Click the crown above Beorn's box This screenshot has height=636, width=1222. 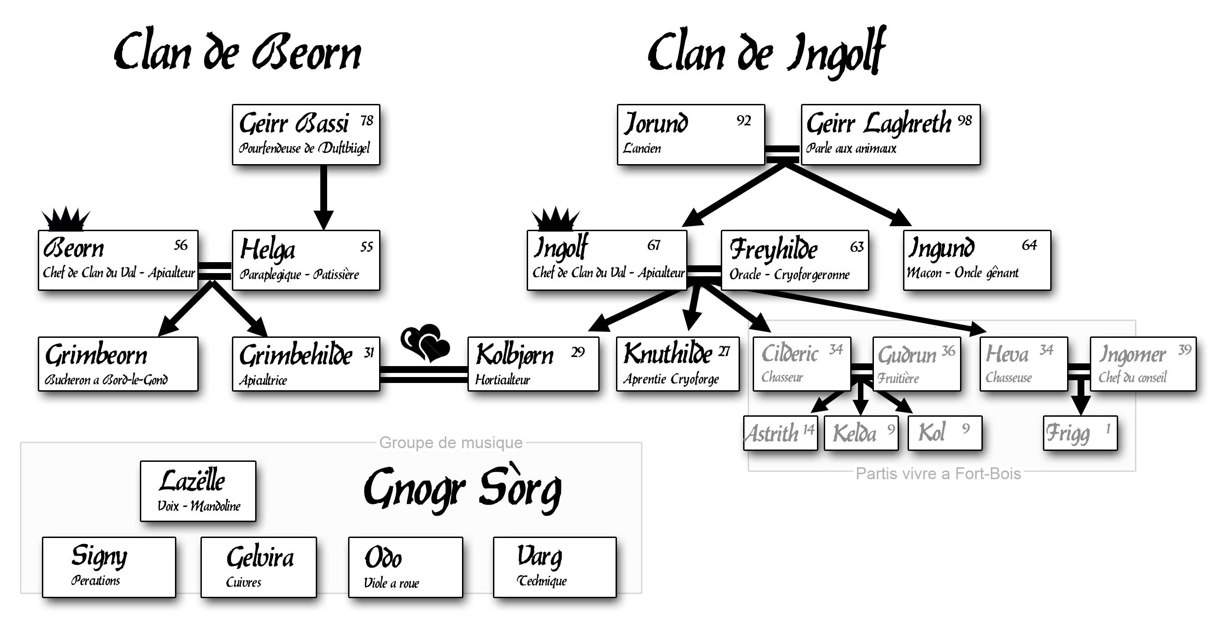[65, 219]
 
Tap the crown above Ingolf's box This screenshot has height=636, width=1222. [555, 220]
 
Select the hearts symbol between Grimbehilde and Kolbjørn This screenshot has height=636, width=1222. [425, 343]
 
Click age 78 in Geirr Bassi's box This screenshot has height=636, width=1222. [367, 120]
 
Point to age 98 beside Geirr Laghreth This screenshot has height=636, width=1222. [965, 120]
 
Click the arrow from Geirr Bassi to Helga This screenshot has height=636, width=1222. [323, 197]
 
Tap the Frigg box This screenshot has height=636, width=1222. [1080, 433]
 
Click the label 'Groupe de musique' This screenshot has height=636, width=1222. [451, 442]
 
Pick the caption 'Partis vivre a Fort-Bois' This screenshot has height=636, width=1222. [938, 474]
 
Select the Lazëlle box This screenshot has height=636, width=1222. [198, 491]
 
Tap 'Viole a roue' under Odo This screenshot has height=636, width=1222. [391, 583]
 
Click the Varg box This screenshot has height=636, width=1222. [555, 567]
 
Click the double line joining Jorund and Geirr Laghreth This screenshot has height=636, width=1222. [783, 152]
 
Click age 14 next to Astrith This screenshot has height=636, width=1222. [808, 429]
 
